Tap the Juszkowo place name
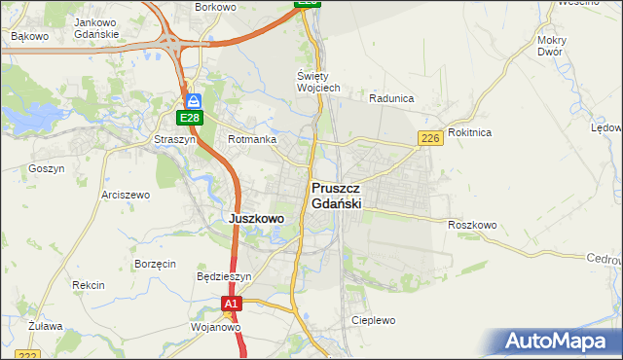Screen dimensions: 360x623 coord(256,219)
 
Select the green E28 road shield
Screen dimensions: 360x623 coord(190,119)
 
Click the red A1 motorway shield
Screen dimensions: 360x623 coord(230,306)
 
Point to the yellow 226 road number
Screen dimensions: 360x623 coord(432,140)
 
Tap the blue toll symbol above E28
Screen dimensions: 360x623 coord(193,100)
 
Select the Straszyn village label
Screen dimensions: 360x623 coord(176,140)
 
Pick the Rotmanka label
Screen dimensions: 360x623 coord(251,140)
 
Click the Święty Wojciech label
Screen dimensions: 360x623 coord(317,82)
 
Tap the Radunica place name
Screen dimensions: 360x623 coord(392,98)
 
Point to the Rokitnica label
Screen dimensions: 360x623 coord(470,132)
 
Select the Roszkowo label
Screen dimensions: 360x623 coord(472,225)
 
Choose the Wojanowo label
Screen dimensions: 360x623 coord(215,328)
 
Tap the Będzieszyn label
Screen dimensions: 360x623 coord(224,276)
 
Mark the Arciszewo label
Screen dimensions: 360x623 coord(126,195)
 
